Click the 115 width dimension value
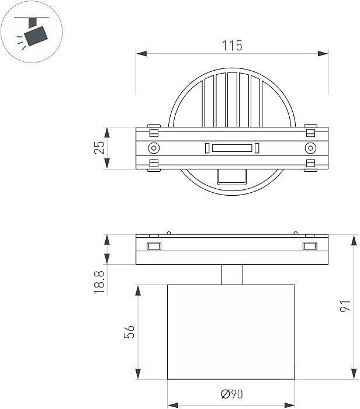pos(232,44)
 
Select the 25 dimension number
pos(99,148)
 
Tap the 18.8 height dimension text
pos(99,281)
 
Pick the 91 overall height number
pos(345,306)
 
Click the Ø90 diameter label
pos(231,395)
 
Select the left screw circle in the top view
pos(153,148)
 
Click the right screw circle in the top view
pos(310,148)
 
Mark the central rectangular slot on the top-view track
pos(232,148)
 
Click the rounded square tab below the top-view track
pos(231,177)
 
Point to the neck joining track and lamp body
pos(231,275)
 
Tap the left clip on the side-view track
pos(154,246)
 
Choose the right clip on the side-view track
pos(310,246)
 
